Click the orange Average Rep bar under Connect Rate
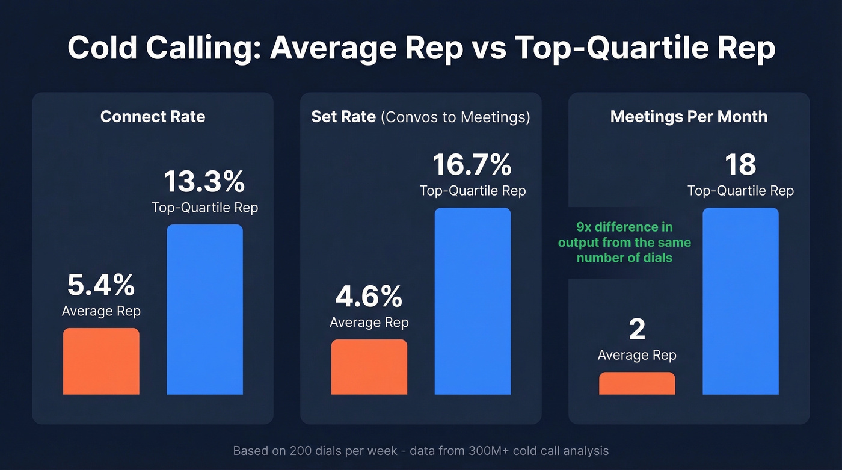(101, 361)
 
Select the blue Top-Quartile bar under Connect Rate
(204, 309)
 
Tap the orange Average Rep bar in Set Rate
(369, 367)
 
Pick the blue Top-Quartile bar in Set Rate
(472, 301)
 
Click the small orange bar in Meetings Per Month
(637, 383)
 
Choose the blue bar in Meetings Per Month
(740, 301)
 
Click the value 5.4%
(101, 285)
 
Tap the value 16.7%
(472, 164)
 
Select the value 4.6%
(369, 296)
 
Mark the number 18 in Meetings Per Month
(740, 164)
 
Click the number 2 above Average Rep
(637, 329)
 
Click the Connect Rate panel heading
(153, 116)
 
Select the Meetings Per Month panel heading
(689, 116)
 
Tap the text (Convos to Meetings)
(455, 117)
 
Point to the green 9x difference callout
(624, 243)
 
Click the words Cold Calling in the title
(163, 48)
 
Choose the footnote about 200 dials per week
(420, 450)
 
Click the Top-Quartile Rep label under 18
(740, 191)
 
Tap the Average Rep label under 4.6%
(369, 323)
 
